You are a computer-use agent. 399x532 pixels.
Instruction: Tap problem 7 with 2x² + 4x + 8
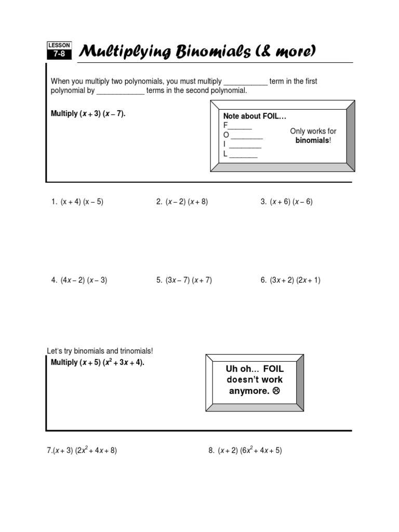click(82, 450)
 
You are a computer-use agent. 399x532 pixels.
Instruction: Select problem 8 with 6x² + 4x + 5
click(245, 450)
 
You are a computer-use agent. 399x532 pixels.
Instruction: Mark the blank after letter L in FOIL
click(243, 155)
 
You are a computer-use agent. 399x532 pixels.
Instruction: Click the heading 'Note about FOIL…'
click(255, 116)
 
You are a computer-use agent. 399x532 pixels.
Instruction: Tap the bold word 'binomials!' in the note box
click(313, 141)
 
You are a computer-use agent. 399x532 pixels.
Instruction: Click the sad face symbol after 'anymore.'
click(276, 391)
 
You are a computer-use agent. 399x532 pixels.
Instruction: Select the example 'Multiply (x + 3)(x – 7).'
click(88, 114)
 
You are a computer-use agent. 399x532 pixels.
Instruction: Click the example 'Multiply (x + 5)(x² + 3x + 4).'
click(97, 362)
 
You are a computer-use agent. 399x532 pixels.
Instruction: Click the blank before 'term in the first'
click(245, 82)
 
